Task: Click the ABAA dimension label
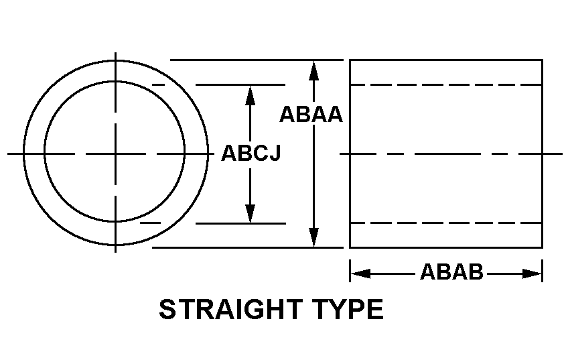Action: click(311, 115)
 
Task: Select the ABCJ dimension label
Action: click(251, 153)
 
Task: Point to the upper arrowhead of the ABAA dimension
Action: click(314, 70)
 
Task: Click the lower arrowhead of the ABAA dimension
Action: click(314, 237)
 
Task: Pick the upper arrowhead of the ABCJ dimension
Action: click(250, 95)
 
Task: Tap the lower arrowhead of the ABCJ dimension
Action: click(250, 213)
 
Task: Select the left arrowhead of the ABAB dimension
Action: click(360, 274)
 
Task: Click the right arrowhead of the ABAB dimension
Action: click(532, 274)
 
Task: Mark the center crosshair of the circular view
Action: click(115, 154)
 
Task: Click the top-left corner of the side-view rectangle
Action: click(350, 60)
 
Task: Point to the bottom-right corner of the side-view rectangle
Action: click(542, 247)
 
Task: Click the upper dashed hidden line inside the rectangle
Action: click(446, 85)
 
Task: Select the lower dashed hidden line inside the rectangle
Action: click(446, 223)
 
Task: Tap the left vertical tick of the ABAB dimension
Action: click(350, 270)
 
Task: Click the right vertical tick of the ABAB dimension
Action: click(542, 270)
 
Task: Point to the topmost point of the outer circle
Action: click(115, 60)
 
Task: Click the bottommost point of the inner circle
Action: click(115, 221)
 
